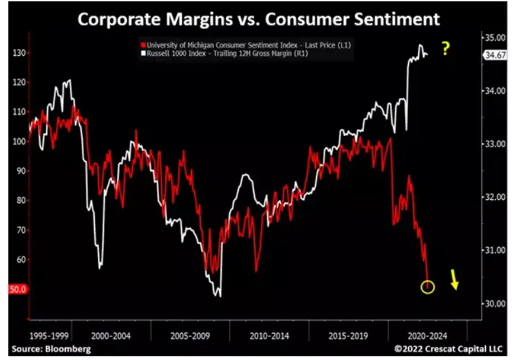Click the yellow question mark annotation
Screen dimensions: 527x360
[x=446, y=49]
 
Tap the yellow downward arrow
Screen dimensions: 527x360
[x=454, y=279]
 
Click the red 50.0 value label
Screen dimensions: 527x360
[x=17, y=289]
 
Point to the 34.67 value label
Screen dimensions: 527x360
[x=495, y=55]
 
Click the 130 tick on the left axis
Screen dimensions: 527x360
[x=19, y=53]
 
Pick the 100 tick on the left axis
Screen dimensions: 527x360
[x=19, y=141]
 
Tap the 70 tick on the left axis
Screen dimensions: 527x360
[x=21, y=230]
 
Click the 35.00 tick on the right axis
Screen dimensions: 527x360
[x=495, y=37]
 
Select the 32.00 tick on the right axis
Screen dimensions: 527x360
[x=495, y=197]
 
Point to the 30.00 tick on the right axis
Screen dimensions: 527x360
[x=495, y=304]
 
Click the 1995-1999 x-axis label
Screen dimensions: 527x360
[x=49, y=336]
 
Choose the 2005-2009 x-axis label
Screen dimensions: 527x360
[x=190, y=336]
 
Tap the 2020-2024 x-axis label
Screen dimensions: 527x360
[x=428, y=336]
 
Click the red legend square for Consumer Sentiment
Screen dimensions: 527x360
[x=143, y=45]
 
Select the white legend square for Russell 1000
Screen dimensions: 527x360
[x=143, y=53]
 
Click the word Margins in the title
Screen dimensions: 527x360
[x=199, y=19]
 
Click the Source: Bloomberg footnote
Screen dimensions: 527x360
[x=51, y=349]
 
